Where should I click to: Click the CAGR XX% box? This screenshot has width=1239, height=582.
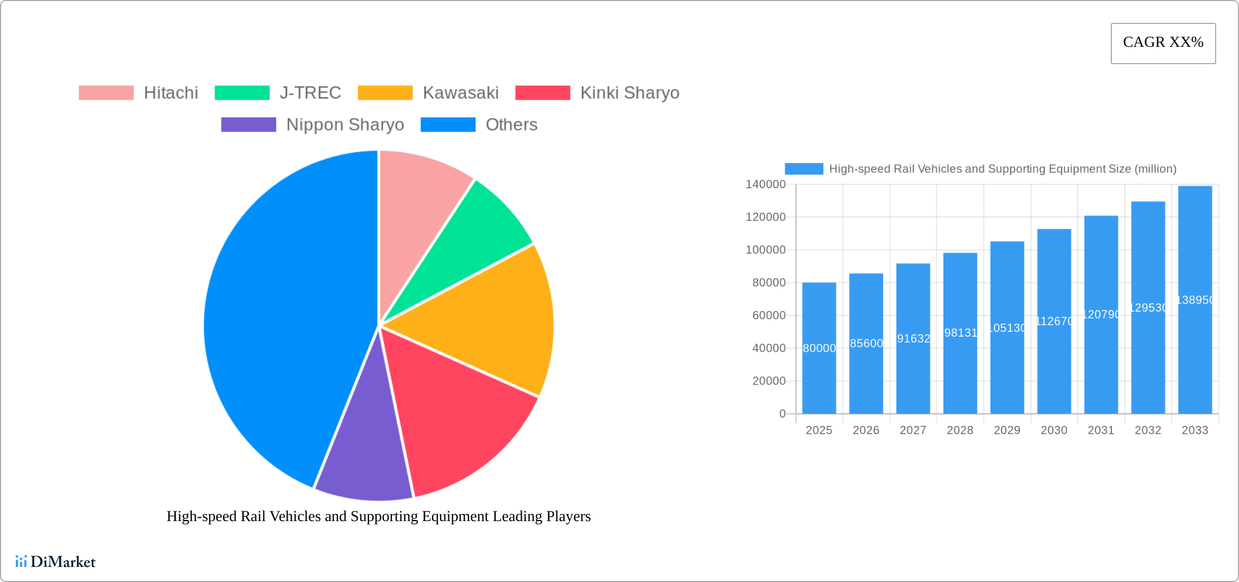tap(1163, 43)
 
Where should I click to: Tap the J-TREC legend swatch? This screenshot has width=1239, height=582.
tap(242, 93)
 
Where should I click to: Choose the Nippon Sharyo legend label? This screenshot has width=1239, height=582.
tap(345, 125)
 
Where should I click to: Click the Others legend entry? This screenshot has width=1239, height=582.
tap(511, 125)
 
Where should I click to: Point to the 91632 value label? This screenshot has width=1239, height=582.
tap(913, 338)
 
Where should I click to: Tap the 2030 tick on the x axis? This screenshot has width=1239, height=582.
tap(1054, 430)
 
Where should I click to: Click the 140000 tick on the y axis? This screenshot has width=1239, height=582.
tap(765, 184)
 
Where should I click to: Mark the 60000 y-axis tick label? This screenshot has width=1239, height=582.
tap(768, 315)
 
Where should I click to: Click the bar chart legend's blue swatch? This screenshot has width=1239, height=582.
tap(804, 169)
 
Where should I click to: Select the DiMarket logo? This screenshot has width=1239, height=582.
tap(55, 562)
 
